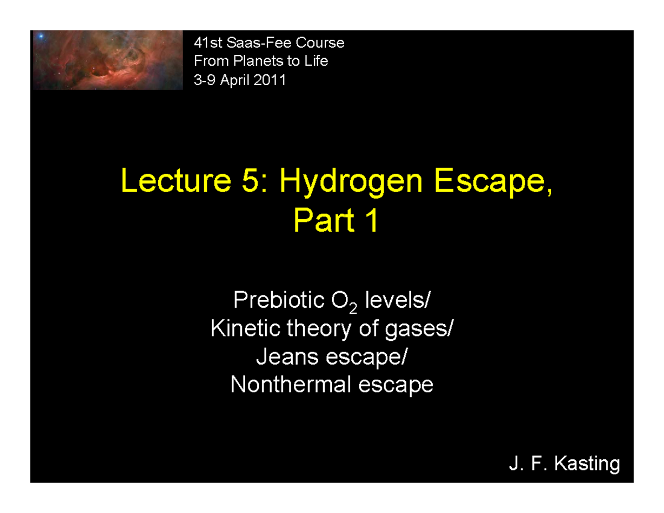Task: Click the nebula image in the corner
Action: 108,60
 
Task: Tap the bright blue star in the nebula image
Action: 41,37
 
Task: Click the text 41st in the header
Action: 204,43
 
